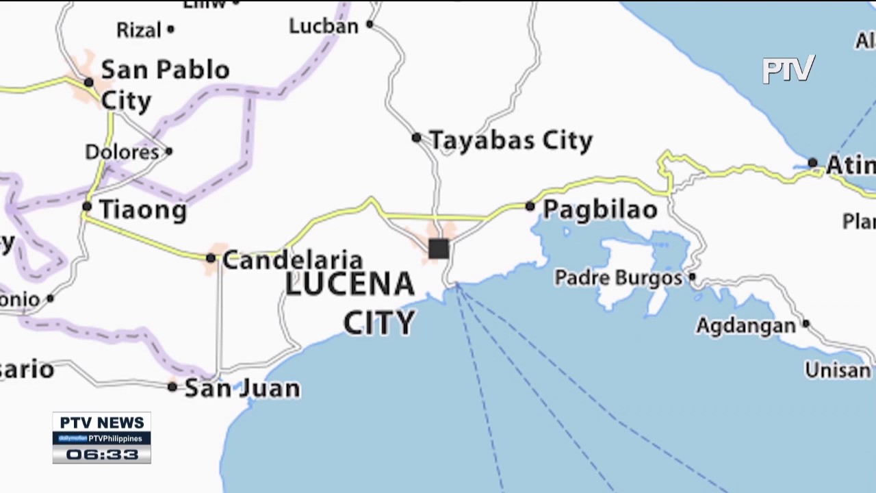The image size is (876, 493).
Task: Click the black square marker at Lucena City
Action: coord(439,249)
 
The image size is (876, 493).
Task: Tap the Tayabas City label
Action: coord(511,141)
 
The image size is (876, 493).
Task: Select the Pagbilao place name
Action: coord(600,210)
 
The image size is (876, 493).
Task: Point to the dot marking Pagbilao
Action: coord(530,206)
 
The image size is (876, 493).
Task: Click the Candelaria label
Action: coord(292,260)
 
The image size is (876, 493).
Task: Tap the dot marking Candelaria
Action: coord(211,258)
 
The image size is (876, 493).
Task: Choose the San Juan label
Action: coord(242,388)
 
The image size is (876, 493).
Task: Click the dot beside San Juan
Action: coord(172,388)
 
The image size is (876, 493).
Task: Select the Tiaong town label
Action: coord(143,210)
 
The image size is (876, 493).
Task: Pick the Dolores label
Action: coord(122,152)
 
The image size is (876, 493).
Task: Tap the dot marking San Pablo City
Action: coord(88,83)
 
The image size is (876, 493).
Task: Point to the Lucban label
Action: coord(324,27)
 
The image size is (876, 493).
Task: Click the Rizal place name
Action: coord(139,30)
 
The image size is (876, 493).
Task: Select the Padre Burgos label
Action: coord(619,278)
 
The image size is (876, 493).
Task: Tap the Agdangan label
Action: coord(746,326)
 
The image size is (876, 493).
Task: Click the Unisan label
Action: coord(837,370)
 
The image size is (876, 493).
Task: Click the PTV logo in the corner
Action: coord(788,69)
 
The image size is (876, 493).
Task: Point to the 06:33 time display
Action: coord(102,455)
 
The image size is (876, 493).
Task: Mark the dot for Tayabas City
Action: coord(416,138)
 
